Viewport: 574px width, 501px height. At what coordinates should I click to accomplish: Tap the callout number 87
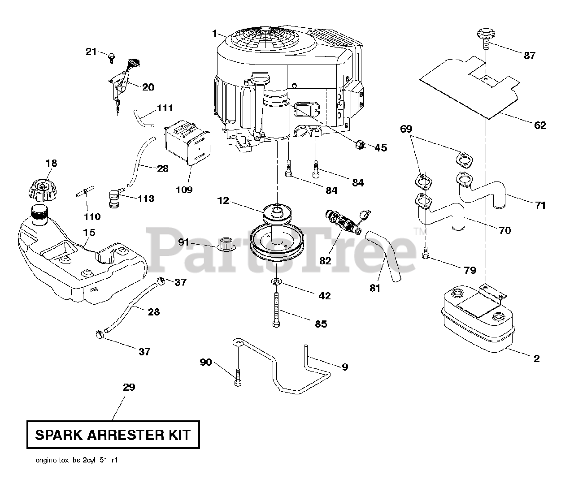point(529,56)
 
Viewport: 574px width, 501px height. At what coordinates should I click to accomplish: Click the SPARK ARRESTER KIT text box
point(113,434)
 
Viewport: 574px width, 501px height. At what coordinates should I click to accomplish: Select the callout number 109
point(184,190)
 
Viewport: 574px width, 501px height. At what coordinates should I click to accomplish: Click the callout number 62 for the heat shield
point(540,125)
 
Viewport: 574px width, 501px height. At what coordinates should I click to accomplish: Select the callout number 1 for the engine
point(215,34)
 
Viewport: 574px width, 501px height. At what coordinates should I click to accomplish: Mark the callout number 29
point(129,387)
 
